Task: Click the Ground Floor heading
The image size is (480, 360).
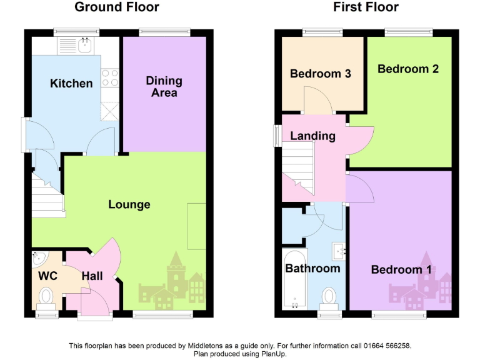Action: pyautogui.click(x=117, y=7)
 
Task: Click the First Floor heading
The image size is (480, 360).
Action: pyautogui.click(x=366, y=7)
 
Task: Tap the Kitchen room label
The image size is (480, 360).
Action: pyautogui.click(x=71, y=83)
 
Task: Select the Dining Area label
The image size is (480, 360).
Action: pyautogui.click(x=164, y=86)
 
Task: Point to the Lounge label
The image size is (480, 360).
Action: pyautogui.click(x=129, y=204)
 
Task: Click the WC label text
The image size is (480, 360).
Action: pyautogui.click(x=47, y=276)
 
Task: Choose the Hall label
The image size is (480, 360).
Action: pyautogui.click(x=92, y=276)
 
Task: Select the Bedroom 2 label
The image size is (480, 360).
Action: pyautogui.click(x=407, y=69)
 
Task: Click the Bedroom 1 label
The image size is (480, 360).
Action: pyautogui.click(x=401, y=269)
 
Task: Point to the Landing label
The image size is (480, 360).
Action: pyautogui.click(x=312, y=136)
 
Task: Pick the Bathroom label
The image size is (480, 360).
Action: pyautogui.click(x=312, y=268)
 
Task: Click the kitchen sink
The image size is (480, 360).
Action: pyautogui.click(x=83, y=44)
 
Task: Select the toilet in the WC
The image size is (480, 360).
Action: pyautogui.click(x=47, y=296)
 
